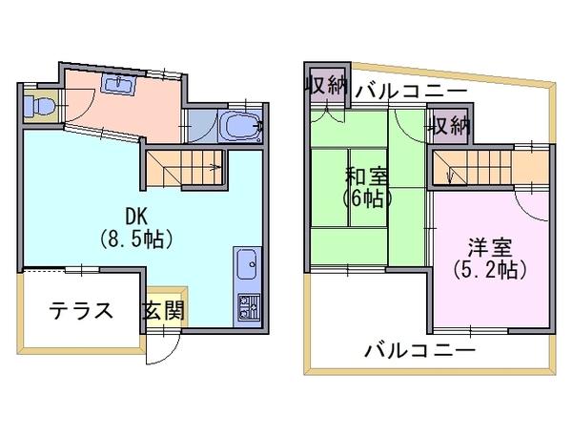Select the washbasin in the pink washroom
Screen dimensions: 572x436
click(119, 84)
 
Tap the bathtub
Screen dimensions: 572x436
click(240, 126)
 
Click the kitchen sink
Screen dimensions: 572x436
click(247, 264)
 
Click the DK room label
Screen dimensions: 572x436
click(136, 217)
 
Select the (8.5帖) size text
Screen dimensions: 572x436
click(136, 239)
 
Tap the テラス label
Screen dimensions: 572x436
click(81, 311)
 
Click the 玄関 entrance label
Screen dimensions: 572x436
click(163, 311)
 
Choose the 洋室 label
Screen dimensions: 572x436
click(490, 248)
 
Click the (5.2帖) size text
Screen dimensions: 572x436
click(490, 271)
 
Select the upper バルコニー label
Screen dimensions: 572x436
click(411, 91)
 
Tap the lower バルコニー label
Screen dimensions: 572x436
click(420, 351)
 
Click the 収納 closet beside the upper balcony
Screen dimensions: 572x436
click(326, 86)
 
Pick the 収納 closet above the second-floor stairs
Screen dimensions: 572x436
click(449, 126)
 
